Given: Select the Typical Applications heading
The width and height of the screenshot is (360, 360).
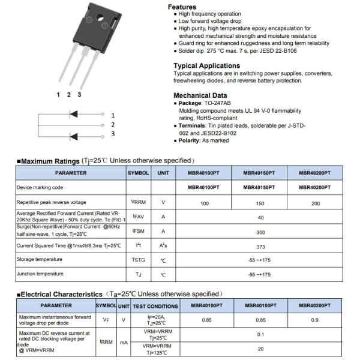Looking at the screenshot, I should pos(206,65).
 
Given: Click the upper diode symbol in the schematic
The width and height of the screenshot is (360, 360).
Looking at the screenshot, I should pos(74,114).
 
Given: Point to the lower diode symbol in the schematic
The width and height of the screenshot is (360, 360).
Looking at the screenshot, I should pos(74,136).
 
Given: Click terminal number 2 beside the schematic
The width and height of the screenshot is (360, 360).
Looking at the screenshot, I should pos(112,124).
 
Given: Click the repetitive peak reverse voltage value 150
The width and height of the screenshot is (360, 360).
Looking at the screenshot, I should pos(260,203).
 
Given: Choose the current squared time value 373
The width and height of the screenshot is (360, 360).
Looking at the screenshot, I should pos(260,245).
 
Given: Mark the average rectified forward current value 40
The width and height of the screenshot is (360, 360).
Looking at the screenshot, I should pos(260,217).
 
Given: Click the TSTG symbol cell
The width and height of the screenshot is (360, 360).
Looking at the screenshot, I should pos(138,260).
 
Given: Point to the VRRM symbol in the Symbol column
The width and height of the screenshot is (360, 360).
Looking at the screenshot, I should pos(138,202).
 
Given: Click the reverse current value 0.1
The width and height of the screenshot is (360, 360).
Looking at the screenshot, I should pos(260,334).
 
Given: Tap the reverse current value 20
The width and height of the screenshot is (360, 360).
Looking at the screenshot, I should pos(260,349).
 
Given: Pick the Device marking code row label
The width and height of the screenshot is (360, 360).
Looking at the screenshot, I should pos(40,188).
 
